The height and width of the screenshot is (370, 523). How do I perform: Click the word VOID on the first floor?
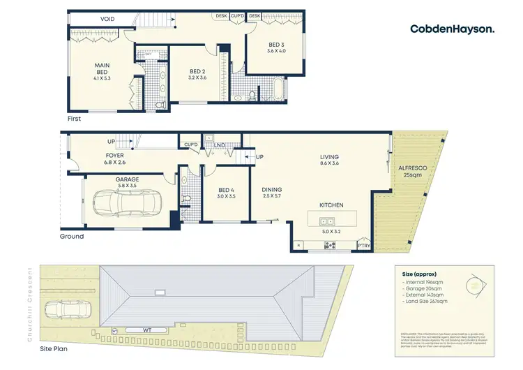(x=107, y=19)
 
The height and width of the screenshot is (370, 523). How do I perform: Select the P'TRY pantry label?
(x=363, y=246)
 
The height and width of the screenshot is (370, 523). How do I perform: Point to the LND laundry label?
(x=220, y=145)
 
